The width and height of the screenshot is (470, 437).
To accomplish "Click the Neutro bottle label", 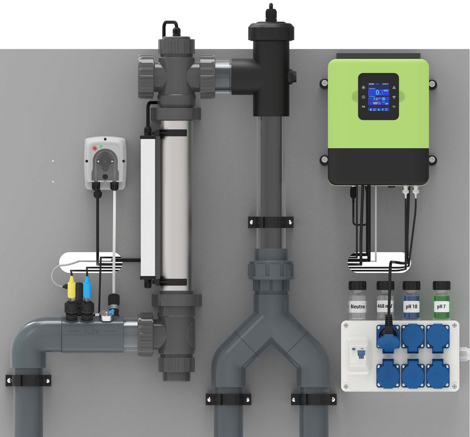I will coord(357,306).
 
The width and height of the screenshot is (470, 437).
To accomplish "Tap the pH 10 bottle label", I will coord(411,306).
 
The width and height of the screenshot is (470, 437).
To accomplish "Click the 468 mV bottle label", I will coord(384,306).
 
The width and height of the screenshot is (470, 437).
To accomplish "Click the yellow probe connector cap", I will coord(72,287).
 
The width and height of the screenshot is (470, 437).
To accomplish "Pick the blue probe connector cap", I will coord(87,287).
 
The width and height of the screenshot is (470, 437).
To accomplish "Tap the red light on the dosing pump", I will coord(94,148).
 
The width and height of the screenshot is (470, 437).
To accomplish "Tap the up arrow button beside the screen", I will coord(394,88).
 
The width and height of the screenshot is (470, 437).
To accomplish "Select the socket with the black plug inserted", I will coord(388,337).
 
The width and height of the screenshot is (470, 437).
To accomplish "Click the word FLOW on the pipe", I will coord(92,331).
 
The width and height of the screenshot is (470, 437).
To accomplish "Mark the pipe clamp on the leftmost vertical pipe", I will coord(28,380).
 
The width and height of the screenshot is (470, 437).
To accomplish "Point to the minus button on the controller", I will coord(364,97).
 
